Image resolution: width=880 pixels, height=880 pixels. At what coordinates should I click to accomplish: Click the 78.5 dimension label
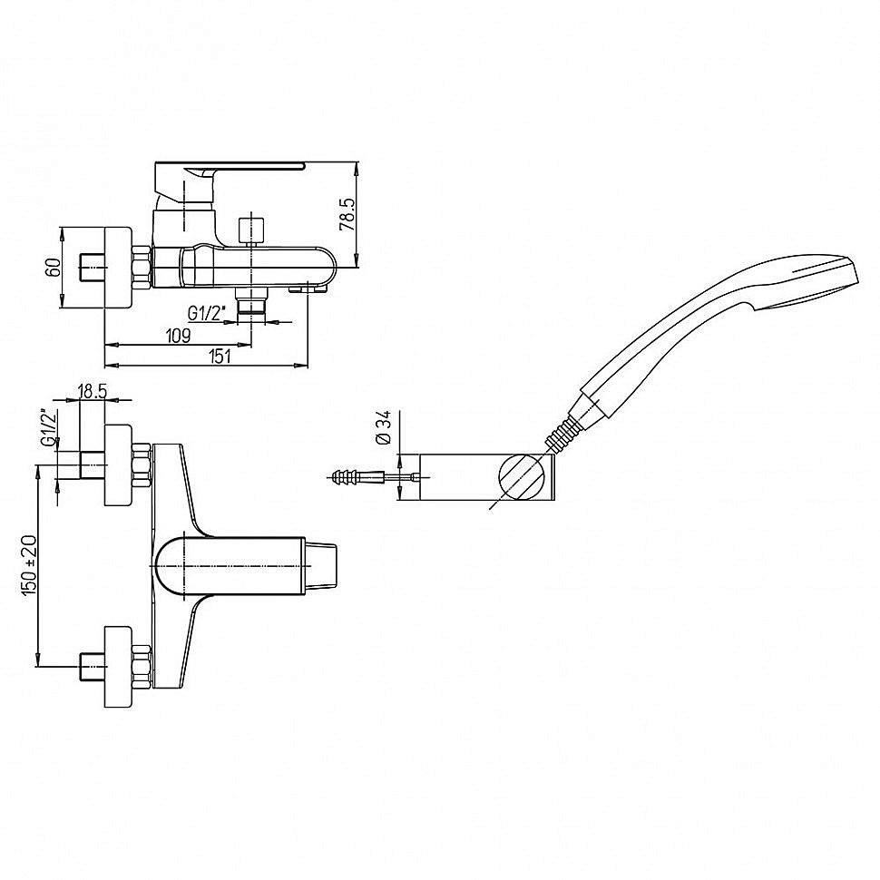(348, 214)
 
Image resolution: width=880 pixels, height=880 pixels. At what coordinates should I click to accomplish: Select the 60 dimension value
(54, 268)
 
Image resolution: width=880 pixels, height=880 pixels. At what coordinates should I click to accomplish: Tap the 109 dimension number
(179, 336)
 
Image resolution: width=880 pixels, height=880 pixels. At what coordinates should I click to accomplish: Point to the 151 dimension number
(220, 357)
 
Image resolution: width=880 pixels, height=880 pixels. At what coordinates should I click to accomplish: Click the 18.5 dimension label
(93, 391)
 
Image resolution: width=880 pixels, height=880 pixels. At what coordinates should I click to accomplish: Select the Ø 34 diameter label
(385, 428)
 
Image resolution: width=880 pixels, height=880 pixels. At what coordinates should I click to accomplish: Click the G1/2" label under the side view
(207, 313)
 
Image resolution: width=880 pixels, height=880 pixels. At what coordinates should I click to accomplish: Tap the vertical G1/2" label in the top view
(49, 428)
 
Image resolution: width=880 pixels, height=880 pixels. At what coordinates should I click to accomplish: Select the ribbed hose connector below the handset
(559, 433)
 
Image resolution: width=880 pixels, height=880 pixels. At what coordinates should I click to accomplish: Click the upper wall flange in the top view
(119, 465)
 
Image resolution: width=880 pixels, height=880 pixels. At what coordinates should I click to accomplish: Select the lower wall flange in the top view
(119, 667)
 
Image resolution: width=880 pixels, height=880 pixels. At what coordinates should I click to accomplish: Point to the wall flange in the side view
(118, 268)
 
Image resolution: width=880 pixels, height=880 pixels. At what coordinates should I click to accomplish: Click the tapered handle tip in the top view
(321, 566)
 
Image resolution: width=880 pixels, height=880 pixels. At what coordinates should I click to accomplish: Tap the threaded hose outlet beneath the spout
(251, 304)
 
